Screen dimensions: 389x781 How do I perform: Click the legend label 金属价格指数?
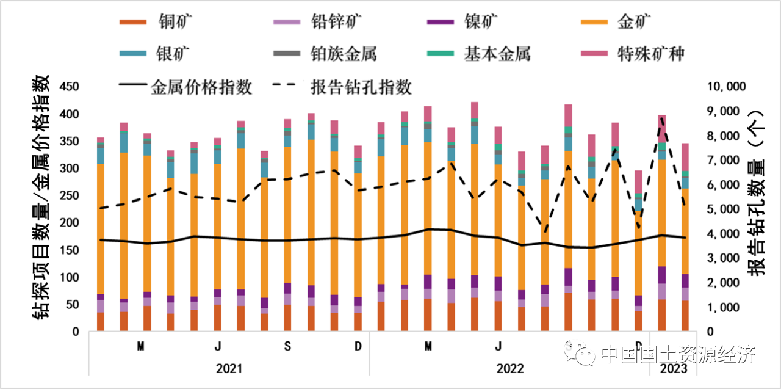tap(201, 87)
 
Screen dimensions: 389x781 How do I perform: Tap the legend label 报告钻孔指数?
tap(361, 87)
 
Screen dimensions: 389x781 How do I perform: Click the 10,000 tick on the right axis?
tap(725, 87)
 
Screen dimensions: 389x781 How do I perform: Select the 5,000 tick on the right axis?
tap(725, 209)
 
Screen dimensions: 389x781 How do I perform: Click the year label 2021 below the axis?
tap(229, 369)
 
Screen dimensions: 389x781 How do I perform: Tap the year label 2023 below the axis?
tap(674, 369)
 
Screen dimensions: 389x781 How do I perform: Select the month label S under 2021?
tap(287, 347)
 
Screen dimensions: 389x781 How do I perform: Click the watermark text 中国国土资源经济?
tap(677, 354)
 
